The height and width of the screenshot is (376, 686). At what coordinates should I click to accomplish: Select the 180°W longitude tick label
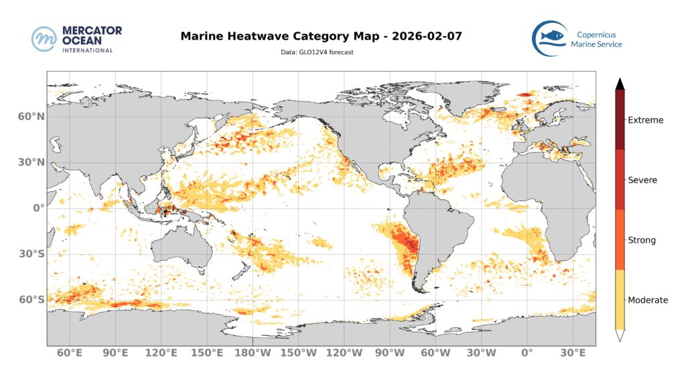(253, 353)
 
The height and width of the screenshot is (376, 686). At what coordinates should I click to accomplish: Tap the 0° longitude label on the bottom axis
(527, 353)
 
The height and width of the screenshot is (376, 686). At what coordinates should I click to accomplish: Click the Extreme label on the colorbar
(645, 121)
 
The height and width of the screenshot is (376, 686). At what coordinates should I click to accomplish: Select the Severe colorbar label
(642, 180)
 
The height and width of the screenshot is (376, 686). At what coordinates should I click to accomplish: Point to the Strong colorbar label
(641, 240)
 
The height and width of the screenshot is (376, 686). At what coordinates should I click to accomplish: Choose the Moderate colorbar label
(647, 300)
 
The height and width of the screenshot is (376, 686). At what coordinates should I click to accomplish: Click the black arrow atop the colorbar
(620, 84)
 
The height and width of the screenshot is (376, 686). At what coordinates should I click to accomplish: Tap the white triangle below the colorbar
(620, 336)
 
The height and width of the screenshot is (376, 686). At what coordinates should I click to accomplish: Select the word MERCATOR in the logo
(91, 31)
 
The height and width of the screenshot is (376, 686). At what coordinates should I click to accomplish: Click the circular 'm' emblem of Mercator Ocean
(44, 39)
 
